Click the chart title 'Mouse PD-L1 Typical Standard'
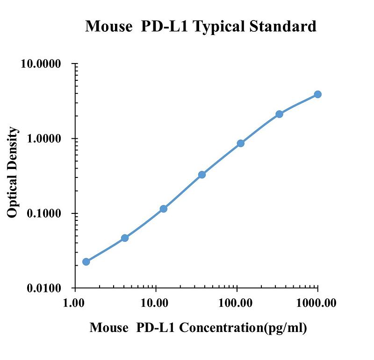pyautogui.click(x=201, y=26)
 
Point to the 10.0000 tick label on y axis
pyautogui.click(x=42, y=64)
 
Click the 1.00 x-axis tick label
pyautogui.click(x=74, y=304)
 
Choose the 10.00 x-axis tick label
pyautogui.click(x=154, y=304)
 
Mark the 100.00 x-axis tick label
pyautogui.click(x=236, y=304)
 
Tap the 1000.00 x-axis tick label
pyautogui.click(x=316, y=304)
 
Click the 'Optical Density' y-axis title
pyautogui.click(x=13, y=172)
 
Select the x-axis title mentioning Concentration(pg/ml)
pyautogui.click(x=198, y=328)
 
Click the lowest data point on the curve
pyautogui.click(x=86, y=261)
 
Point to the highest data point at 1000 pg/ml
pyautogui.click(x=317, y=94)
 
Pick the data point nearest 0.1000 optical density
pyautogui.click(x=163, y=209)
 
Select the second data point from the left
pyautogui.click(x=125, y=238)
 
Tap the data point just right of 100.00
pyautogui.click(x=240, y=143)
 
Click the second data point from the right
pyautogui.click(x=279, y=114)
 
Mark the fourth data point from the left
pyautogui.click(x=202, y=175)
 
